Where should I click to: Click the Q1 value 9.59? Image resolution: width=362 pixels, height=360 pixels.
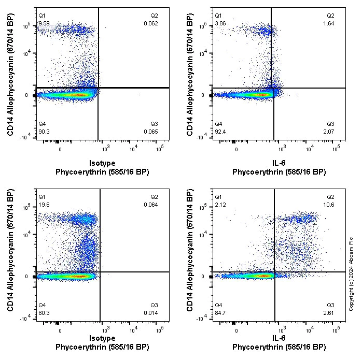click(44, 23)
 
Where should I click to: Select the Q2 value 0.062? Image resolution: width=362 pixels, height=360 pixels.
click(151, 23)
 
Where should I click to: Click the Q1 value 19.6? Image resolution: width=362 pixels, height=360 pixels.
click(44, 204)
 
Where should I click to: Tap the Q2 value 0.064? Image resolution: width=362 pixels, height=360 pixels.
click(151, 204)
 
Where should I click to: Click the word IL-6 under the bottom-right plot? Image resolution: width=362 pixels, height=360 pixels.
click(279, 338)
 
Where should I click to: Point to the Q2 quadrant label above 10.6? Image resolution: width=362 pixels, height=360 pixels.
click(330, 197)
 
